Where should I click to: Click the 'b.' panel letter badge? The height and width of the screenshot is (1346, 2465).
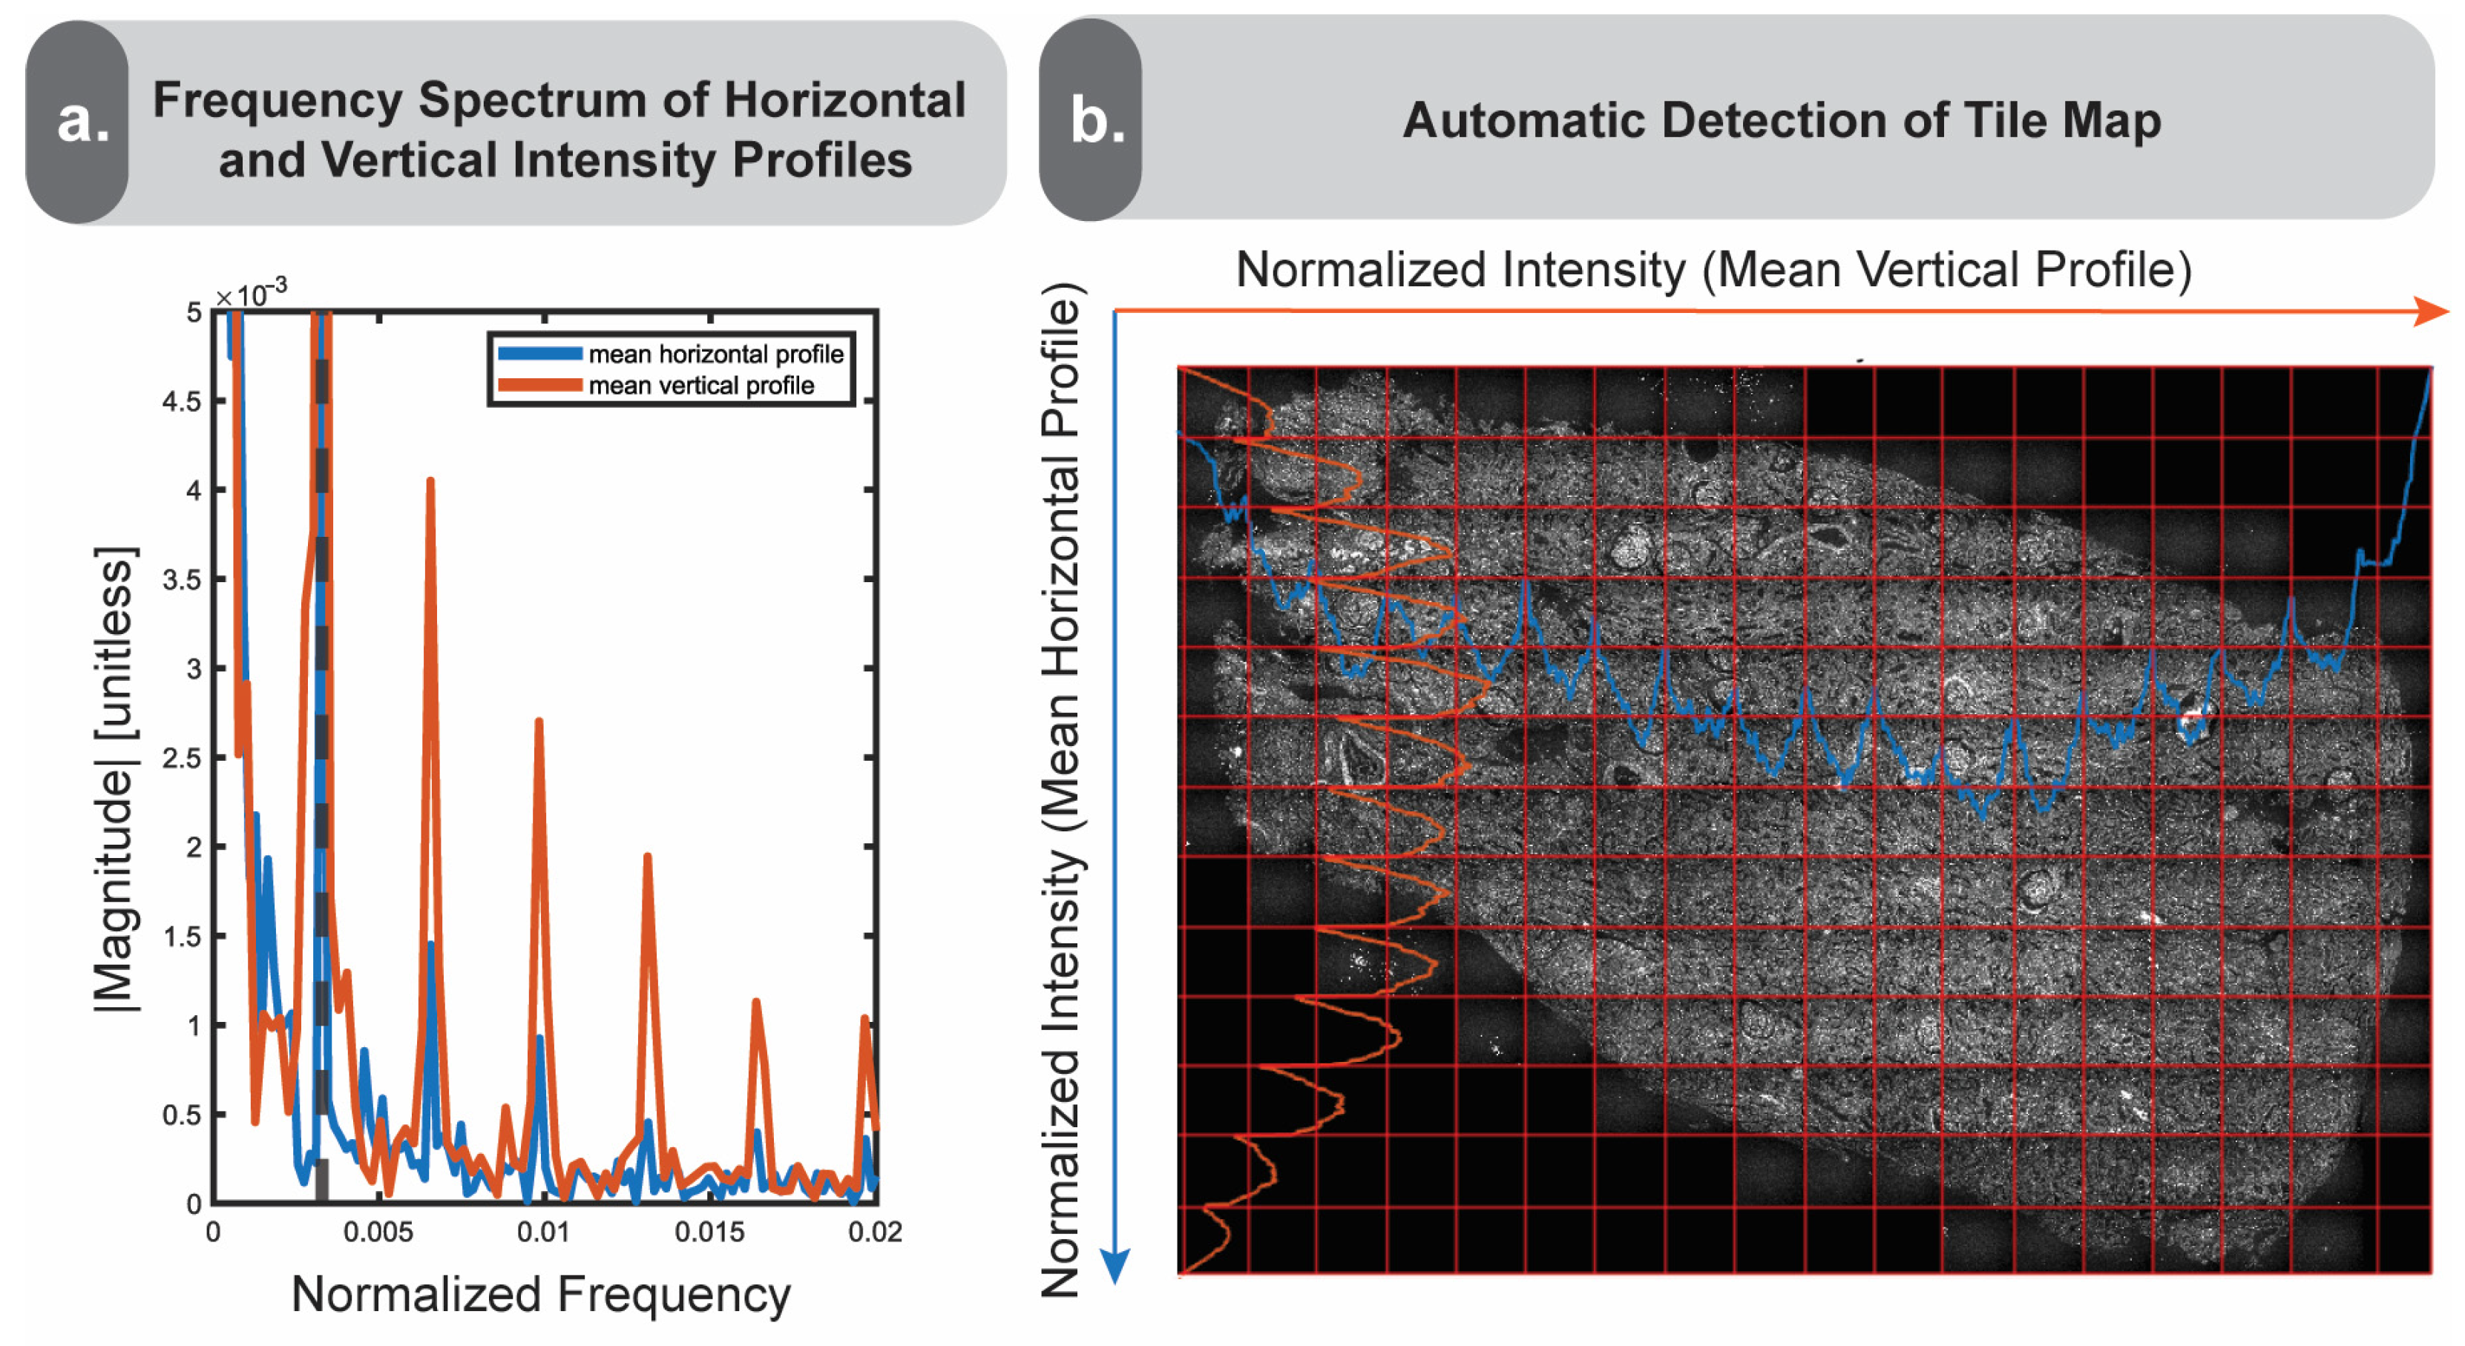[x=1094, y=121]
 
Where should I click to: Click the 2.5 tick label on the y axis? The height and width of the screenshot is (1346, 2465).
[x=182, y=759]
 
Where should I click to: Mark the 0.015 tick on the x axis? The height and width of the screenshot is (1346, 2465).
[x=709, y=1232]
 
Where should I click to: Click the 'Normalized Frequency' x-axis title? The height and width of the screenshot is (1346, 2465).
[x=541, y=1294]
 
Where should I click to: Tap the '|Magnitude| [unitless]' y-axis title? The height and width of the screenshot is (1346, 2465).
[x=115, y=779]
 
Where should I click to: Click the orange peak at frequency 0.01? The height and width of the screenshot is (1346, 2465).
[x=539, y=722]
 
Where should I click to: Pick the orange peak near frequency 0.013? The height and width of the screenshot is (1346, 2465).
[x=648, y=857]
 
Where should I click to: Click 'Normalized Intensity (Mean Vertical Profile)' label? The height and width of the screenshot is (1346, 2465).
[x=1713, y=270]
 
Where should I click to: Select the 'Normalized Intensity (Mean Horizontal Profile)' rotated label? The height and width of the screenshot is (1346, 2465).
[x=1061, y=789]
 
